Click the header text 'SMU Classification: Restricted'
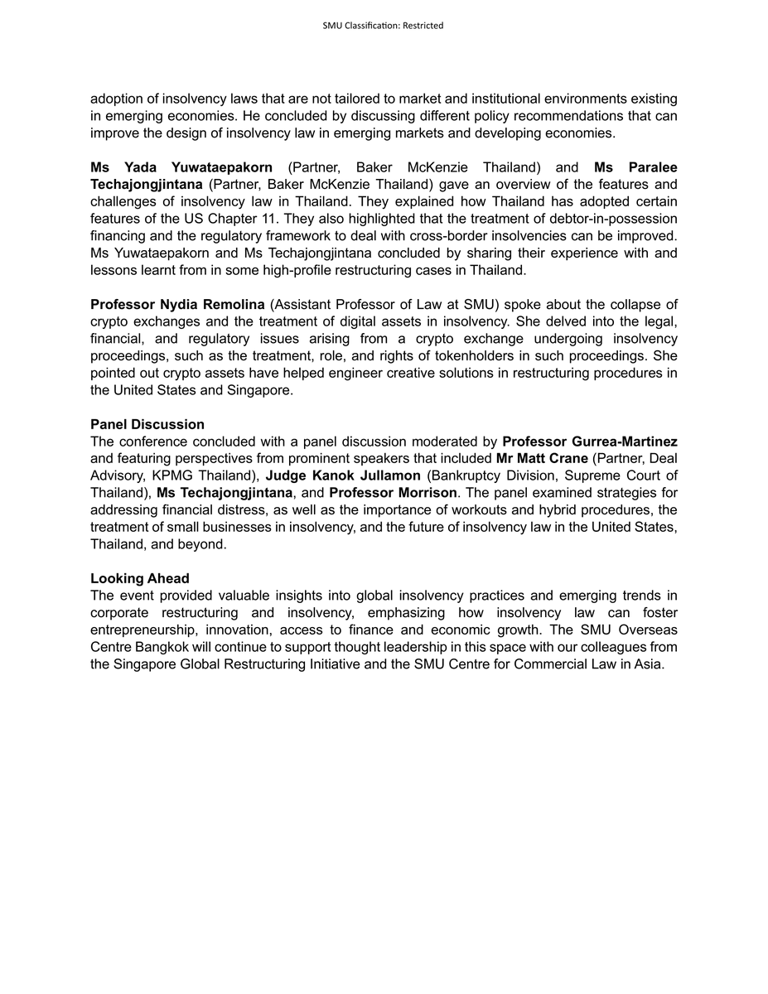point(383,26)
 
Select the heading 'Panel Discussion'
point(147,425)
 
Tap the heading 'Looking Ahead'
point(140,578)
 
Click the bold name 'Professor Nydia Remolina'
point(177,305)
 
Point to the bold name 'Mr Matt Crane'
point(542,459)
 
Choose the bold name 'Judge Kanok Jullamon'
point(342,475)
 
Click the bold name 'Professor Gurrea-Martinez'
point(590,442)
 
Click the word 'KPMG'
point(175,475)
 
